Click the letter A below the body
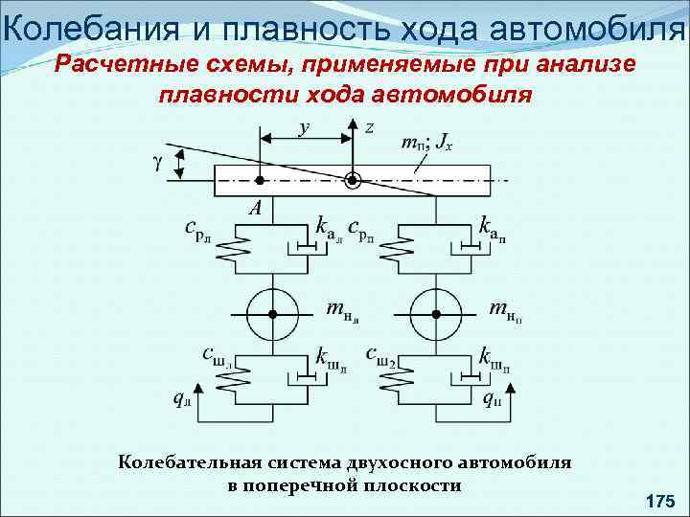[255, 207]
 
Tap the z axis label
[370, 127]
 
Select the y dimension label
[305, 125]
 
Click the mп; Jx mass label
[425, 144]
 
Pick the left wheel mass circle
[272, 312]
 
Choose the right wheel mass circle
[436, 312]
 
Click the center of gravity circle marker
[354, 179]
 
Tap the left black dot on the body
[259, 179]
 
